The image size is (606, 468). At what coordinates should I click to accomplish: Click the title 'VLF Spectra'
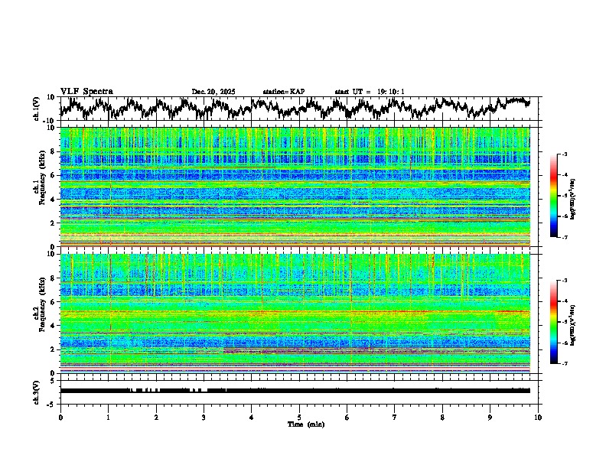(86, 91)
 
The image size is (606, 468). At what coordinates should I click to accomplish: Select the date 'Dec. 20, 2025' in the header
(213, 92)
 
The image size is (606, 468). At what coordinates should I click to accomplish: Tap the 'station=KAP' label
(284, 92)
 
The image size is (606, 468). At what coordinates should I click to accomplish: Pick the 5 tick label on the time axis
(299, 417)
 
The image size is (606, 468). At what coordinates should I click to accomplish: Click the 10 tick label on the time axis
(539, 417)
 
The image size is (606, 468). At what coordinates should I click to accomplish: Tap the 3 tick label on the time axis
(204, 417)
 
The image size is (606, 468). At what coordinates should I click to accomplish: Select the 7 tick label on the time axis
(395, 417)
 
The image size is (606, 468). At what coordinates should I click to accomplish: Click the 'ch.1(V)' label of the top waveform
(37, 109)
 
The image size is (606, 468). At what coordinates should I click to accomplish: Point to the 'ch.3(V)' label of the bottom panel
(37, 391)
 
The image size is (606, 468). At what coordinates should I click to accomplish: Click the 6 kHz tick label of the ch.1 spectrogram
(51, 175)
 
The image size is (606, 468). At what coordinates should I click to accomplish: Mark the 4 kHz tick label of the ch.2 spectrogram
(51, 325)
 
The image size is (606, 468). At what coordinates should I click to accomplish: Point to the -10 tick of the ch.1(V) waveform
(49, 121)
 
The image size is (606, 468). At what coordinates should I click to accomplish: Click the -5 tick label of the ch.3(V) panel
(50, 403)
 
